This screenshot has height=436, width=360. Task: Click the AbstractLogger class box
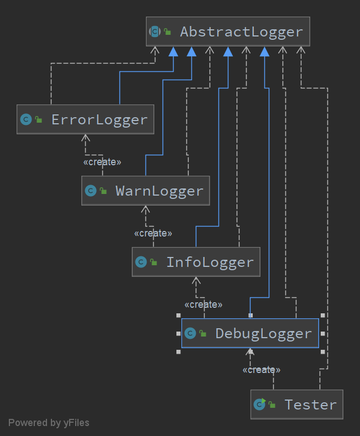(x=228, y=31)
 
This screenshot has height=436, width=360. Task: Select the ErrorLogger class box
(x=85, y=119)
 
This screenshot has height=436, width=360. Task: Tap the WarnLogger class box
(x=145, y=191)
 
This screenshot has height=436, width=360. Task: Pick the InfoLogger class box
(x=196, y=262)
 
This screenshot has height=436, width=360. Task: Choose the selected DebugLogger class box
(x=250, y=333)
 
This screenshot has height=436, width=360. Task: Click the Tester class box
(x=297, y=405)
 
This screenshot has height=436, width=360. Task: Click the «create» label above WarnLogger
(x=102, y=162)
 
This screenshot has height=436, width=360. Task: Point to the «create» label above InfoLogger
(x=153, y=233)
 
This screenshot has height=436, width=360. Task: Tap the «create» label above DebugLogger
(x=204, y=304)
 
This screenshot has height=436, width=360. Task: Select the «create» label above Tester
(x=262, y=370)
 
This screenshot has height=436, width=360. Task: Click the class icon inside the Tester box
(x=259, y=405)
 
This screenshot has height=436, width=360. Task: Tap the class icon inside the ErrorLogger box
(x=25, y=119)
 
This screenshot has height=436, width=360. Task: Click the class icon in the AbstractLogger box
(x=155, y=31)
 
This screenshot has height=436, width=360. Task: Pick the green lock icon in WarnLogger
(x=103, y=191)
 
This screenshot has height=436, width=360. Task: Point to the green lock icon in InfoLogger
(x=154, y=262)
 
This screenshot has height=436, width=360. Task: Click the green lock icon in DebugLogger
(x=203, y=334)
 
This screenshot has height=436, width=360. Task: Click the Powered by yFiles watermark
(x=49, y=423)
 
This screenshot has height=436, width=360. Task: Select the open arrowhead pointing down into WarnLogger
(x=145, y=209)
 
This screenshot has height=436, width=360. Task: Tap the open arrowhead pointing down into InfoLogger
(x=196, y=280)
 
